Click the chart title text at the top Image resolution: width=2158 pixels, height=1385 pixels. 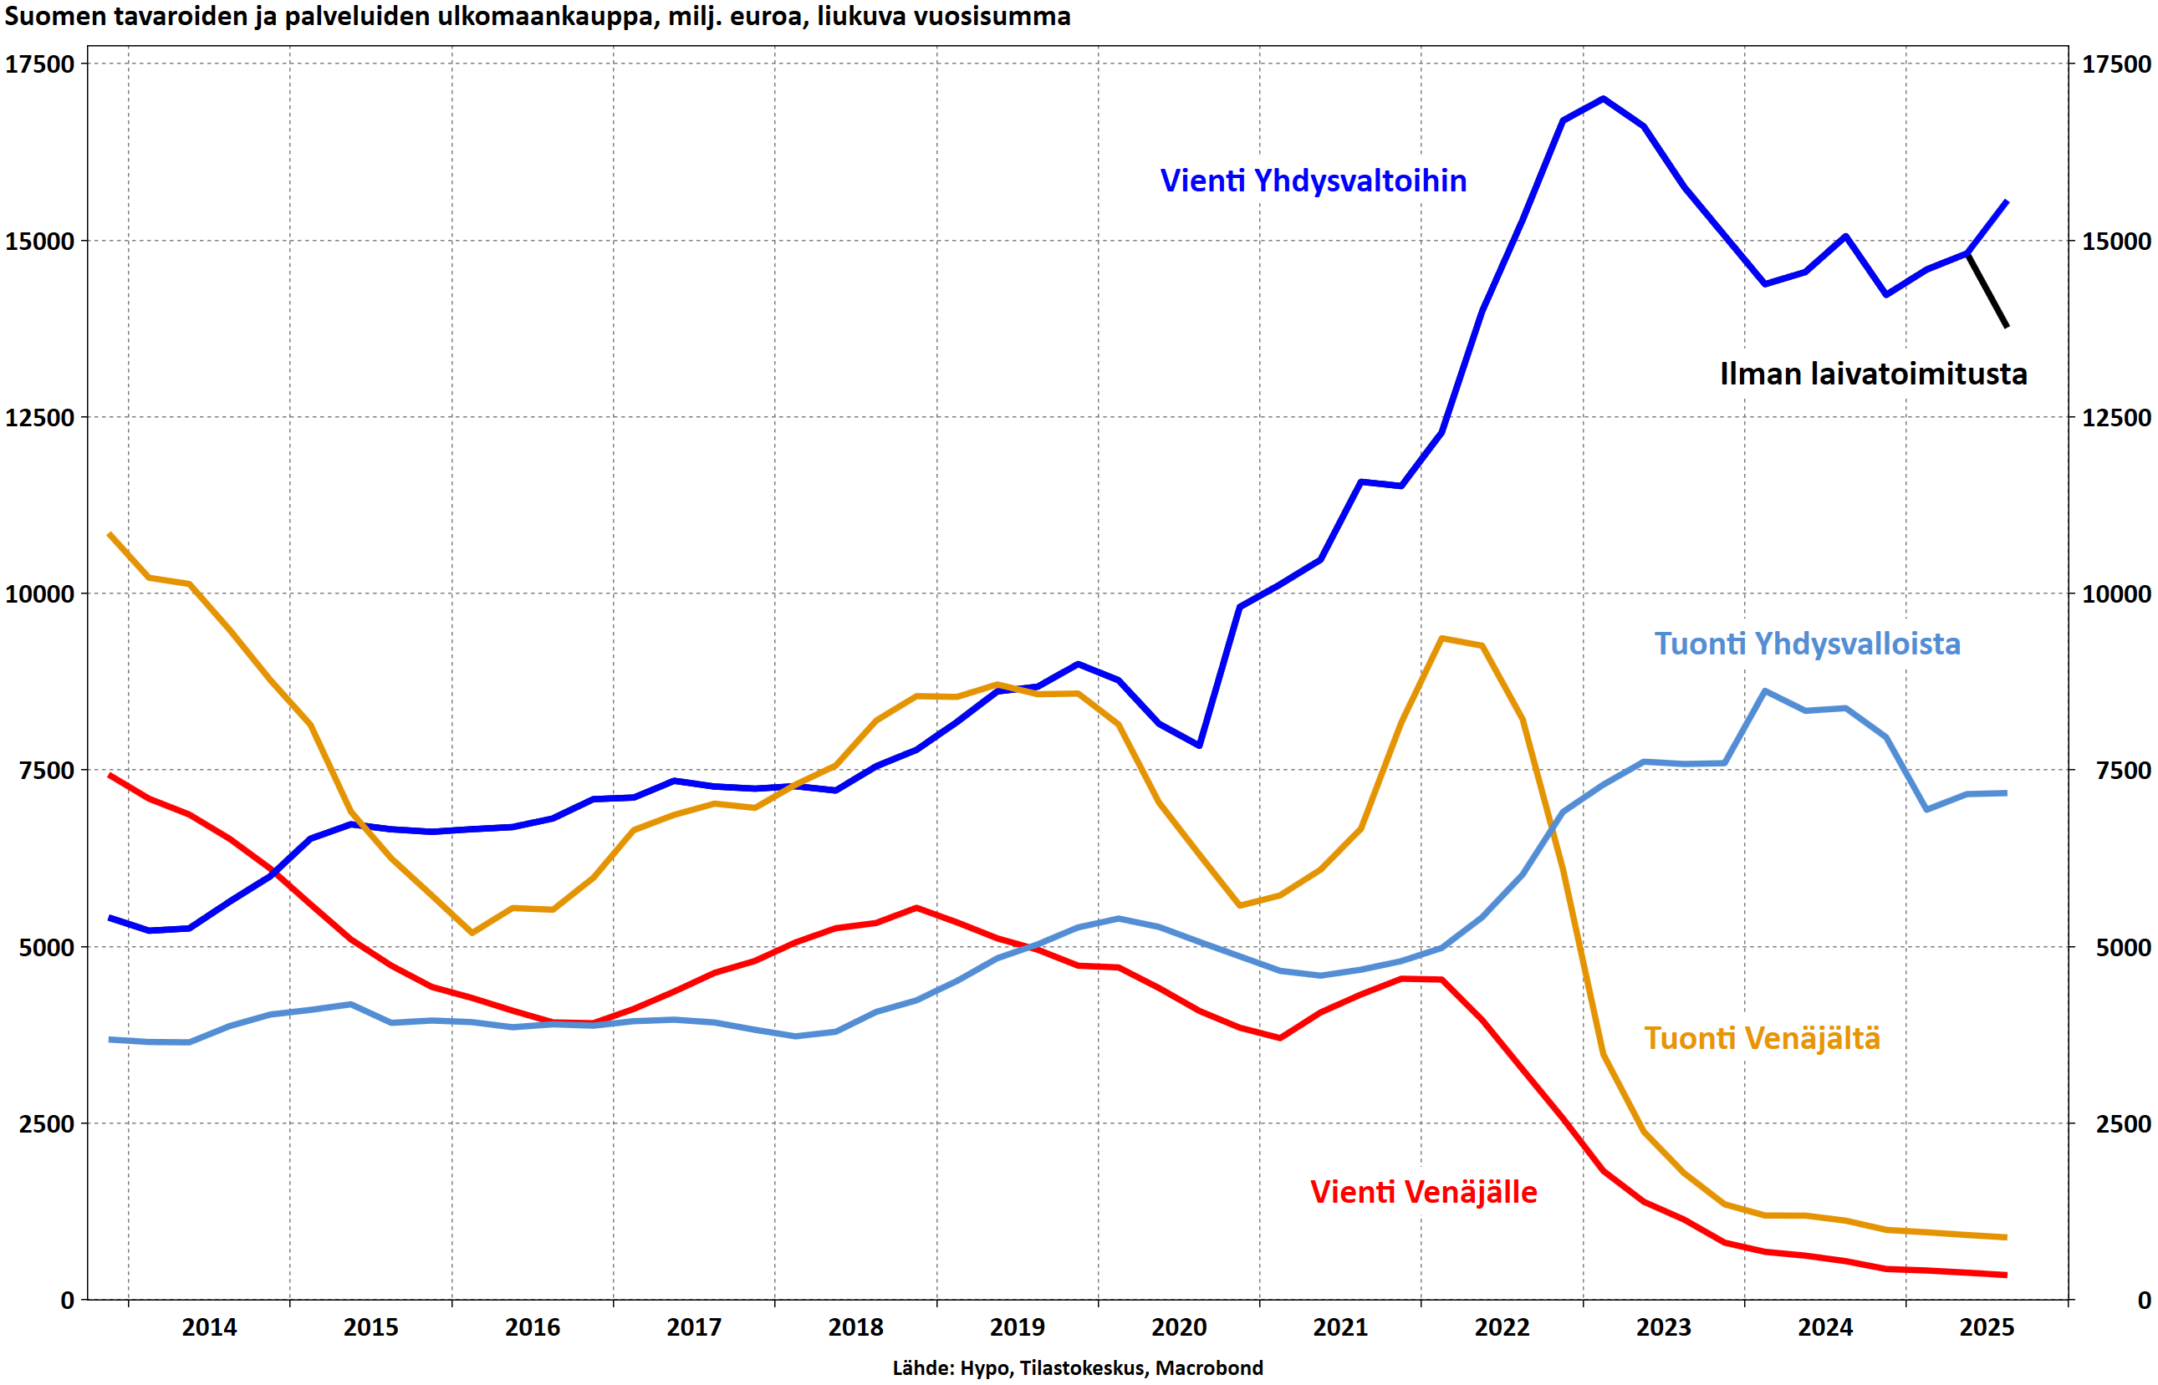click(x=537, y=16)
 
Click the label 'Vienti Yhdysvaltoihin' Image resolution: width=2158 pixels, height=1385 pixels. click(x=1313, y=181)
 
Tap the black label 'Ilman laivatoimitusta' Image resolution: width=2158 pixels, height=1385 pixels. click(x=1873, y=374)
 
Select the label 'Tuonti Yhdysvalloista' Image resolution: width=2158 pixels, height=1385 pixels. click(x=1806, y=643)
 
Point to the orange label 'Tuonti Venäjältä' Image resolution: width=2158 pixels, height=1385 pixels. click(x=1762, y=1038)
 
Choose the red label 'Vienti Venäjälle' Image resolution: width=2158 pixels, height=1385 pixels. click(x=1423, y=1192)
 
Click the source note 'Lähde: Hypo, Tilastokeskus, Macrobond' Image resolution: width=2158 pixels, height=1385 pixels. click(x=1077, y=1368)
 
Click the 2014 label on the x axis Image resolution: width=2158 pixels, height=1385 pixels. click(x=209, y=1327)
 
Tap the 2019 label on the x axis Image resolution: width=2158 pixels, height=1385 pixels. click(x=1017, y=1327)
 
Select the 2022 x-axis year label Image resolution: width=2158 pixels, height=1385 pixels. click(x=1502, y=1327)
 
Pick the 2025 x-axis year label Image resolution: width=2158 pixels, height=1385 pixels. click(x=1987, y=1327)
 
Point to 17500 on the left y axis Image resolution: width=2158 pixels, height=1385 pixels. click(x=39, y=64)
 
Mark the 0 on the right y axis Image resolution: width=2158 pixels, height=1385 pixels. click(x=2144, y=1300)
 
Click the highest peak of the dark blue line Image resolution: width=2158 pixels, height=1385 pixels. click(x=1603, y=98)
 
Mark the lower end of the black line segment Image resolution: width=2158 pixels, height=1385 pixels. click(x=2006, y=327)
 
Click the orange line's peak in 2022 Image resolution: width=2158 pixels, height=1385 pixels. click(x=1441, y=639)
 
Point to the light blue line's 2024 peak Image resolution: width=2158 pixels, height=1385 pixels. click(x=1765, y=690)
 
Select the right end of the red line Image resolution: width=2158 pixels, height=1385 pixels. click(x=2006, y=1276)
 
